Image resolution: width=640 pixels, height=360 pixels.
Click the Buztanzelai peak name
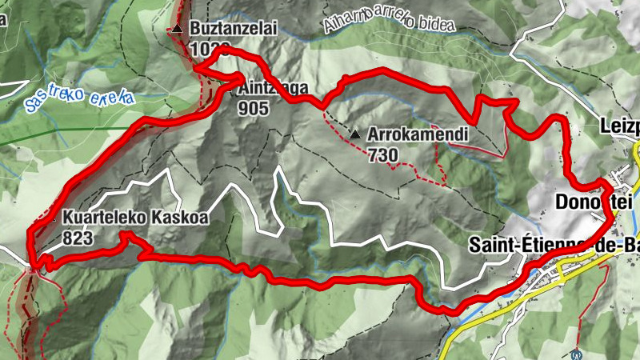pos(233,29)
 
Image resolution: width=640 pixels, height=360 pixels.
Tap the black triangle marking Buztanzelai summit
pos(178,30)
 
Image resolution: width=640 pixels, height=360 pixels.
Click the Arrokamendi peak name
pos(417,134)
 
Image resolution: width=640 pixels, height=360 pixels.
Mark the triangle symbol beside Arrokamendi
pos(355,134)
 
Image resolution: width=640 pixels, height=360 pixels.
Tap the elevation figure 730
pos(384,154)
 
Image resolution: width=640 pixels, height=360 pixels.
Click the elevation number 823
pos(77,238)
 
